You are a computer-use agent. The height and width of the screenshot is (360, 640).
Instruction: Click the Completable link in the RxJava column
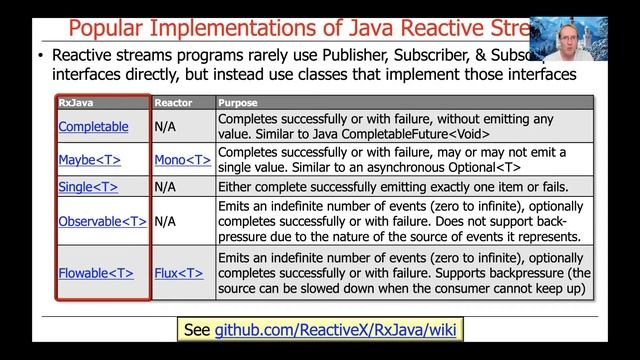click(93, 127)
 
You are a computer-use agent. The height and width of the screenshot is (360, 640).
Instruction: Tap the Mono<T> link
click(182, 159)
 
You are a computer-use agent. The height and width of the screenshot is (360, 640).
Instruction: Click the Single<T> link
click(88, 186)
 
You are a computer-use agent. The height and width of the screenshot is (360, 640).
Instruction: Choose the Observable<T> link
click(102, 221)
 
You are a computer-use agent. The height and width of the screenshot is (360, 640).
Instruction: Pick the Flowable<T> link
click(96, 272)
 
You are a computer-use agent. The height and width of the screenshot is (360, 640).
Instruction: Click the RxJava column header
click(71, 102)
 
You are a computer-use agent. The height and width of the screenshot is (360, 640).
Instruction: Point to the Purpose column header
click(238, 102)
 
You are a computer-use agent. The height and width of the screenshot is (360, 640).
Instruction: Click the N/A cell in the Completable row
click(166, 127)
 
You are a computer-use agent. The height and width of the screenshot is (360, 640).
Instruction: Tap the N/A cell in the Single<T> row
click(166, 186)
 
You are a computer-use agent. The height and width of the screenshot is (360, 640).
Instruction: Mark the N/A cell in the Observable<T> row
click(166, 221)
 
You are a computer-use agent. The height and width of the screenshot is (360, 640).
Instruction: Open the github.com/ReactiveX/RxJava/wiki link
click(338, 329)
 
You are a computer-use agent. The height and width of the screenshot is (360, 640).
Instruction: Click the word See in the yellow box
click(195, 329)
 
